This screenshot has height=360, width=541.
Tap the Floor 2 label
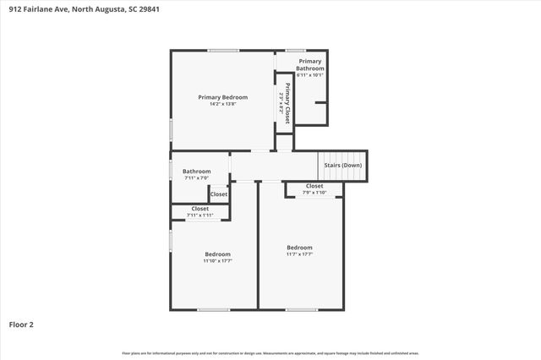21,324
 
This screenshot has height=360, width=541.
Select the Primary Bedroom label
222,97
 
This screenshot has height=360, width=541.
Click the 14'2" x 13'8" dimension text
222,104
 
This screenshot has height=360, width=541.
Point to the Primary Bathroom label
309,64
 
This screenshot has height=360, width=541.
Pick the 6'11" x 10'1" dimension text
309,74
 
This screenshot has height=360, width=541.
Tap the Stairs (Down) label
342,165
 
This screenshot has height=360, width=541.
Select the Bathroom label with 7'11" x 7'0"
196,172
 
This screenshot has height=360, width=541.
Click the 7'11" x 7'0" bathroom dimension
196,178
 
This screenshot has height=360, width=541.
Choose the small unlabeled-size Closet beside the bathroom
218,194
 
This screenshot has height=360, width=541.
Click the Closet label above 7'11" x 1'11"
199,209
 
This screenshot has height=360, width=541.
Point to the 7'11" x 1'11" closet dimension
199,215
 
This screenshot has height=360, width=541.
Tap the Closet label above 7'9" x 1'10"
314,186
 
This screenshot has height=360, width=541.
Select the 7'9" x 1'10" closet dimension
314,193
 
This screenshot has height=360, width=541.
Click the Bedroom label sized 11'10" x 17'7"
217,254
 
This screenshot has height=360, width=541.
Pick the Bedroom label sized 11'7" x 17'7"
299,248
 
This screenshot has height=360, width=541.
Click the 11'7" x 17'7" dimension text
299,254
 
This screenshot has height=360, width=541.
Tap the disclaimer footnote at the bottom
270,352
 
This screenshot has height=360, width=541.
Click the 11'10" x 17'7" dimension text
217,260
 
